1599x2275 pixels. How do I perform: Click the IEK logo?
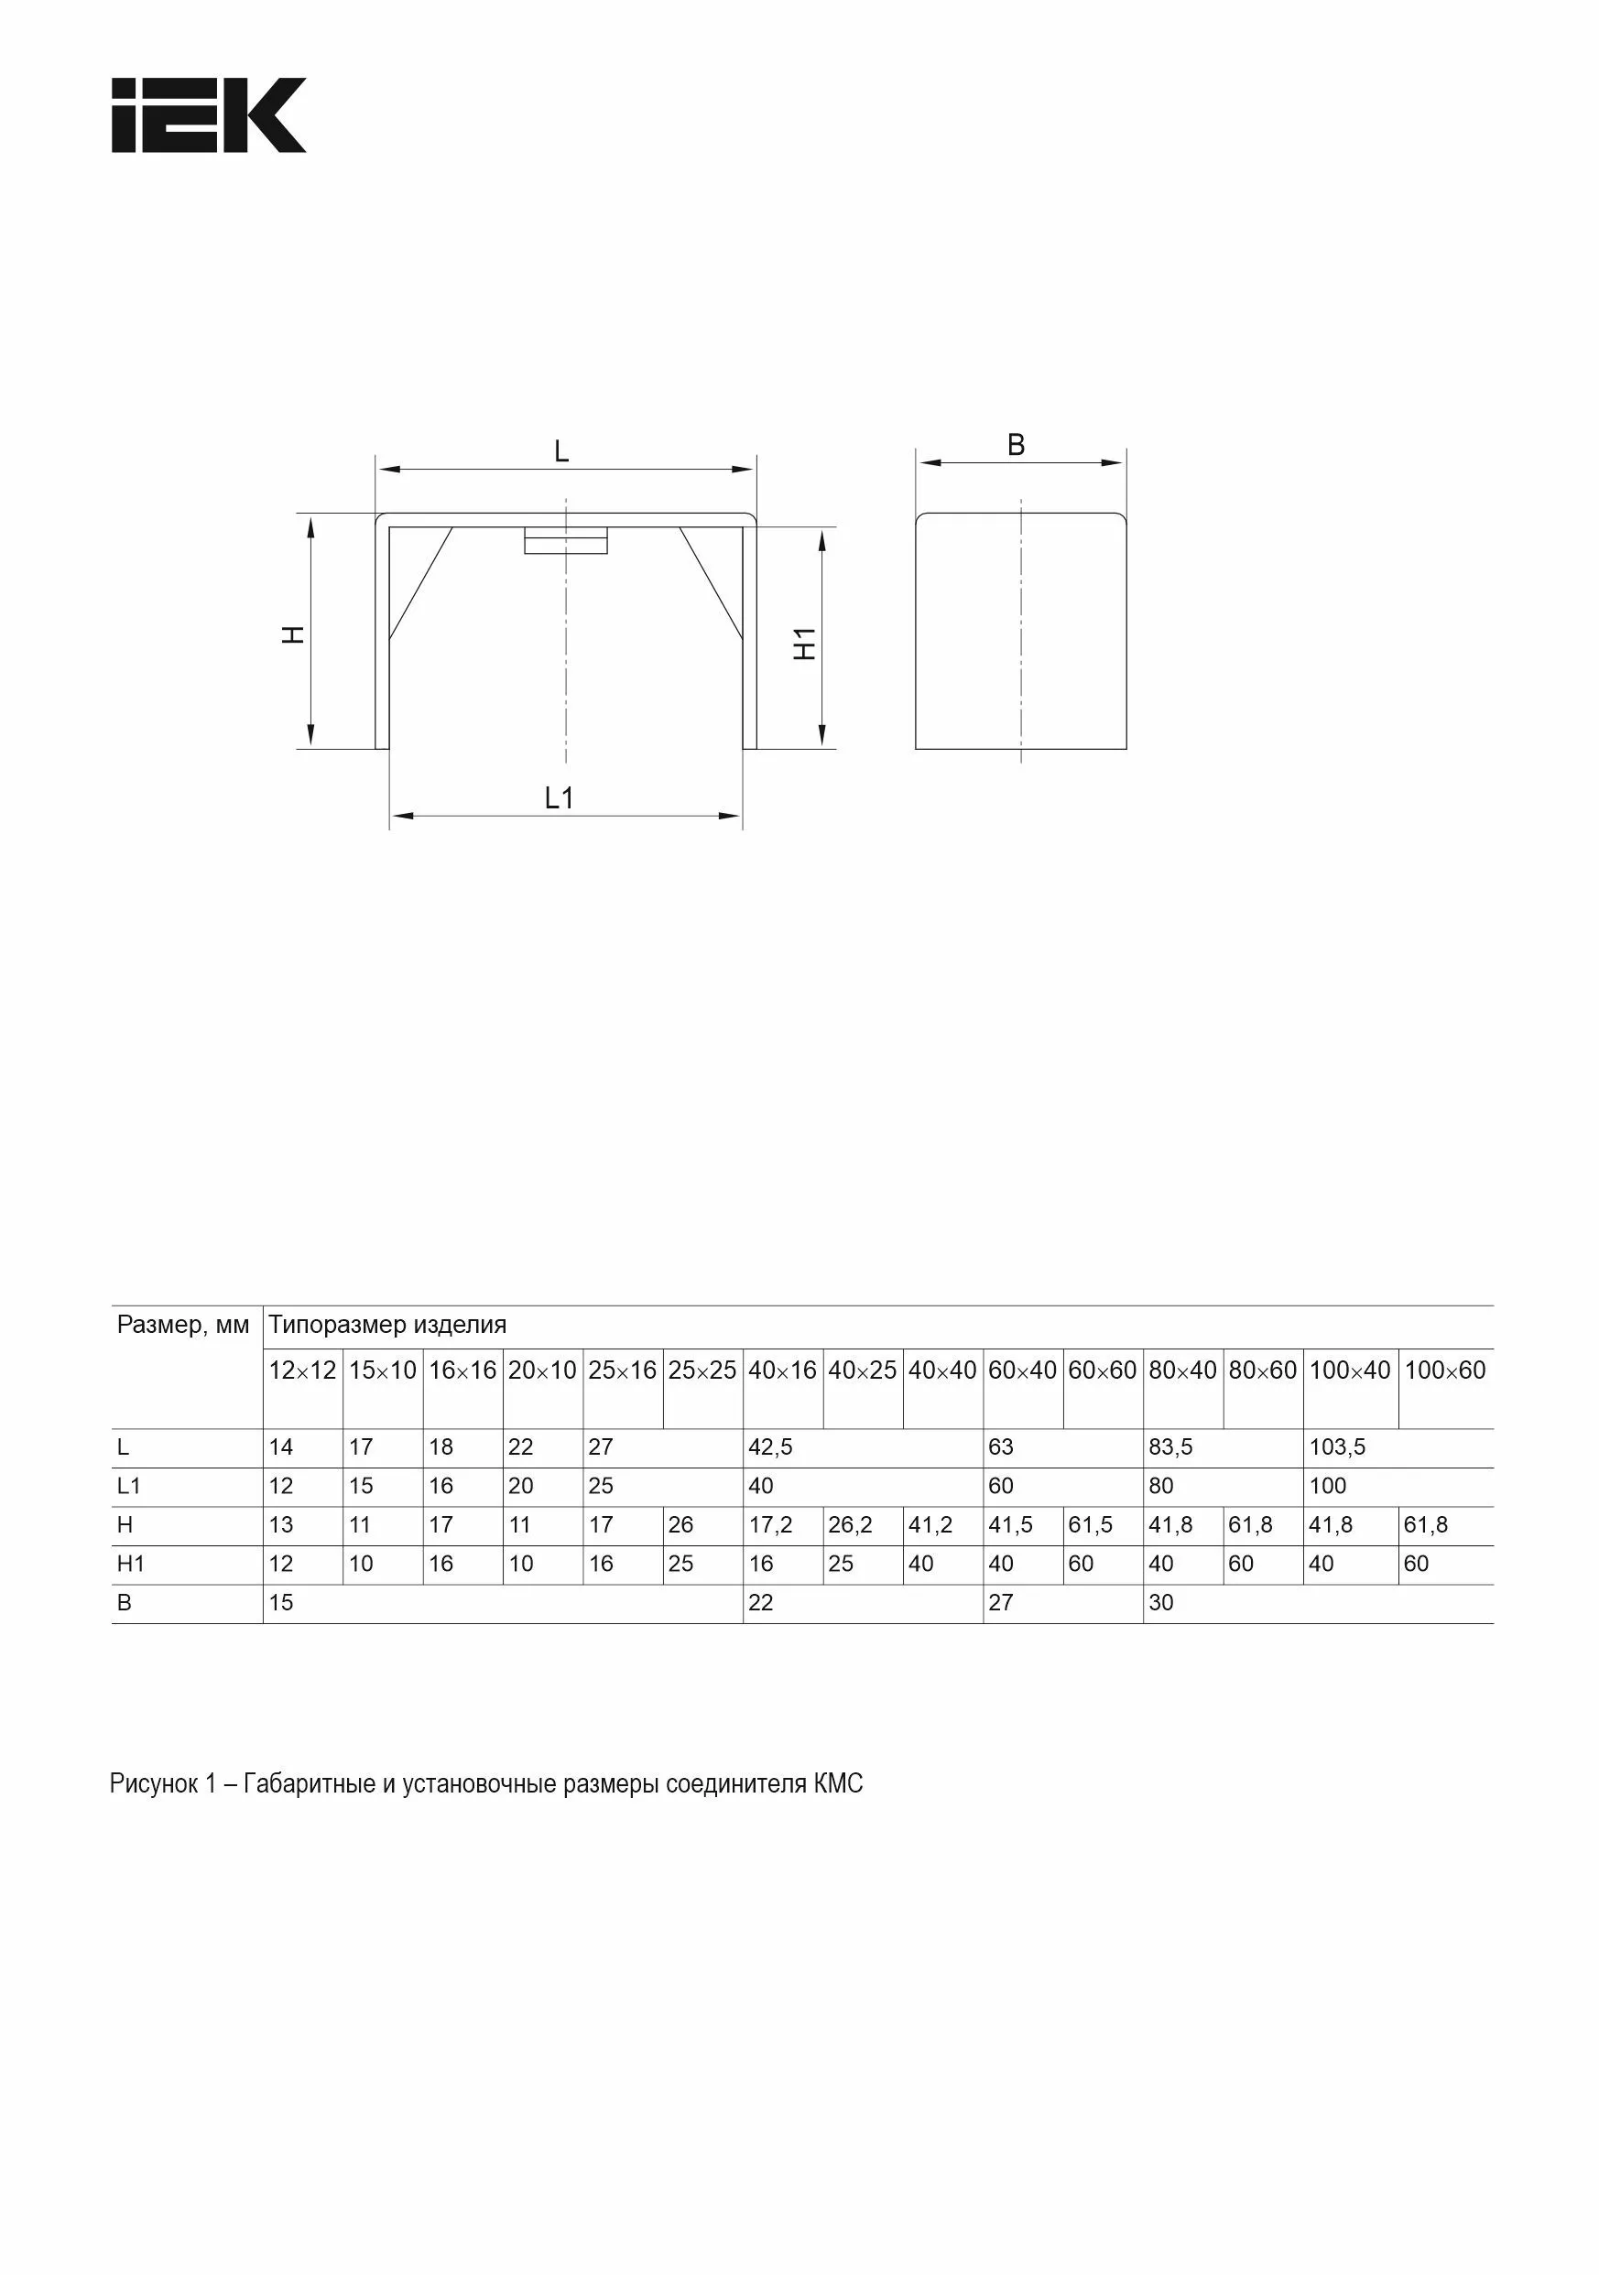pyautogui.click(x=208, y=115)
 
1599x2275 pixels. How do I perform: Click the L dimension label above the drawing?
pyautogui.click(x=561, y=452)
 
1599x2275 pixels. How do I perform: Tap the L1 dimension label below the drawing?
pyautogui.click(x=560, y=797)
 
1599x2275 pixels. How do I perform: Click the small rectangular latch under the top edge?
pyautogui.click(x=565, y=542)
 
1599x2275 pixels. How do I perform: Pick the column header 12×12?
pyautogui.click(x=302, y=1370)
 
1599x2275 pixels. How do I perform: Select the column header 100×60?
pyautogui.click(x=1444, y=1370)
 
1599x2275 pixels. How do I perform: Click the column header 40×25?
pyautogui.click(x=862, y=1370)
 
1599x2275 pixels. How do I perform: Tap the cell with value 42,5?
pyautogui.click(x=770, y=1446)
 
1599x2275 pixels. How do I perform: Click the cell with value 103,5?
pyautogui.click(x=1337, y=1446)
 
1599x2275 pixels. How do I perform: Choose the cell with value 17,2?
pyautogui.click(x=770, y=1525)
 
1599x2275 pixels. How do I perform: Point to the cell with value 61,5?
pyautogui.click(x=1091, y=1525)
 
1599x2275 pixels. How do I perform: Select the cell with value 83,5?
pyautogui.click(x=1170, y=1446)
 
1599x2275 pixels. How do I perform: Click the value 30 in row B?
pyautogui.click(x=1161, y=1602)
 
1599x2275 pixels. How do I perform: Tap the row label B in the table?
pyautogui.click(x=124, y=1602)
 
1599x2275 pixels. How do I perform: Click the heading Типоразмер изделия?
pyautogui.click(x=387, y=1325)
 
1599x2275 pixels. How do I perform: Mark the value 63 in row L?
pyautogui.click(x=1001, y=1446)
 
